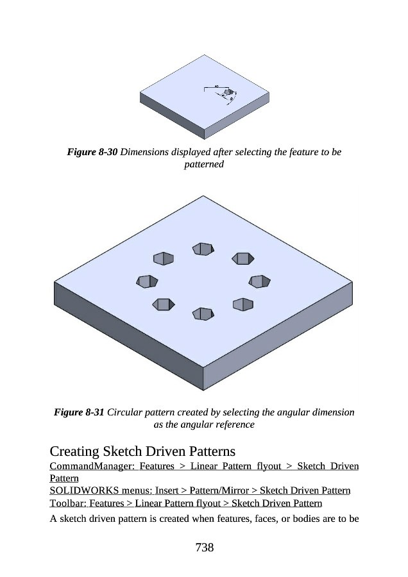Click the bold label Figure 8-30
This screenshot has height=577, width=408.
(92, 153)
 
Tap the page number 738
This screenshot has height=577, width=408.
(203, 547)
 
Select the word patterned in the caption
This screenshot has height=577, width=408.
(203, 165)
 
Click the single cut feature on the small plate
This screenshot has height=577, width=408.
(228, 94)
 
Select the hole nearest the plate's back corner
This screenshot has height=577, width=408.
(202, 249)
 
